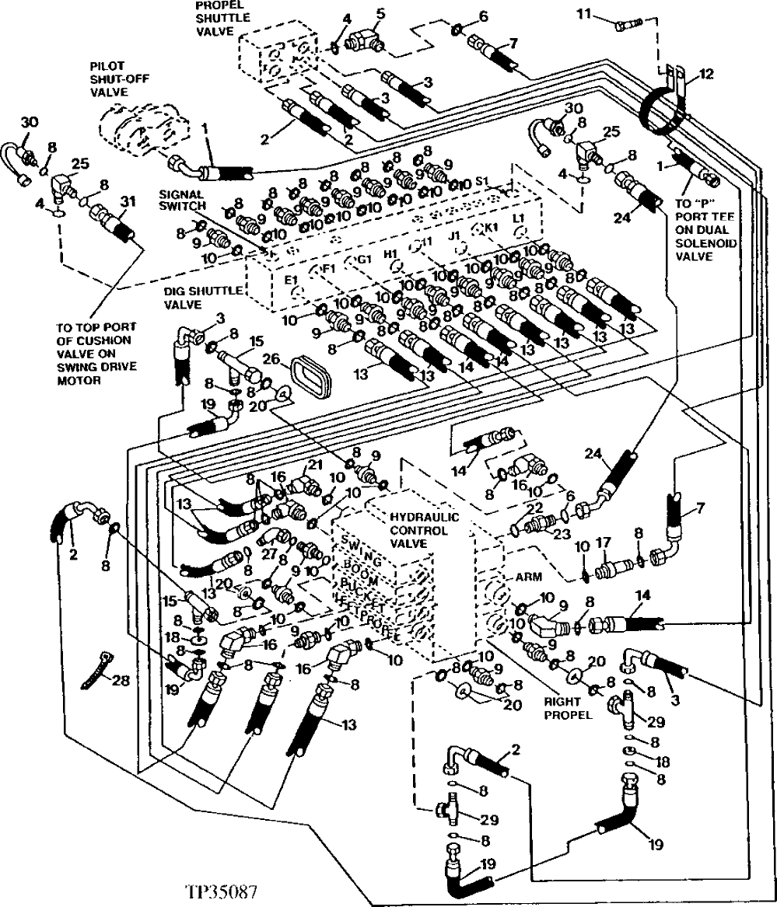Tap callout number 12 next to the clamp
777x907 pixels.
705,75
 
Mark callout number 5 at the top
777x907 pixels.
380,12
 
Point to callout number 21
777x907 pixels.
314,464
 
